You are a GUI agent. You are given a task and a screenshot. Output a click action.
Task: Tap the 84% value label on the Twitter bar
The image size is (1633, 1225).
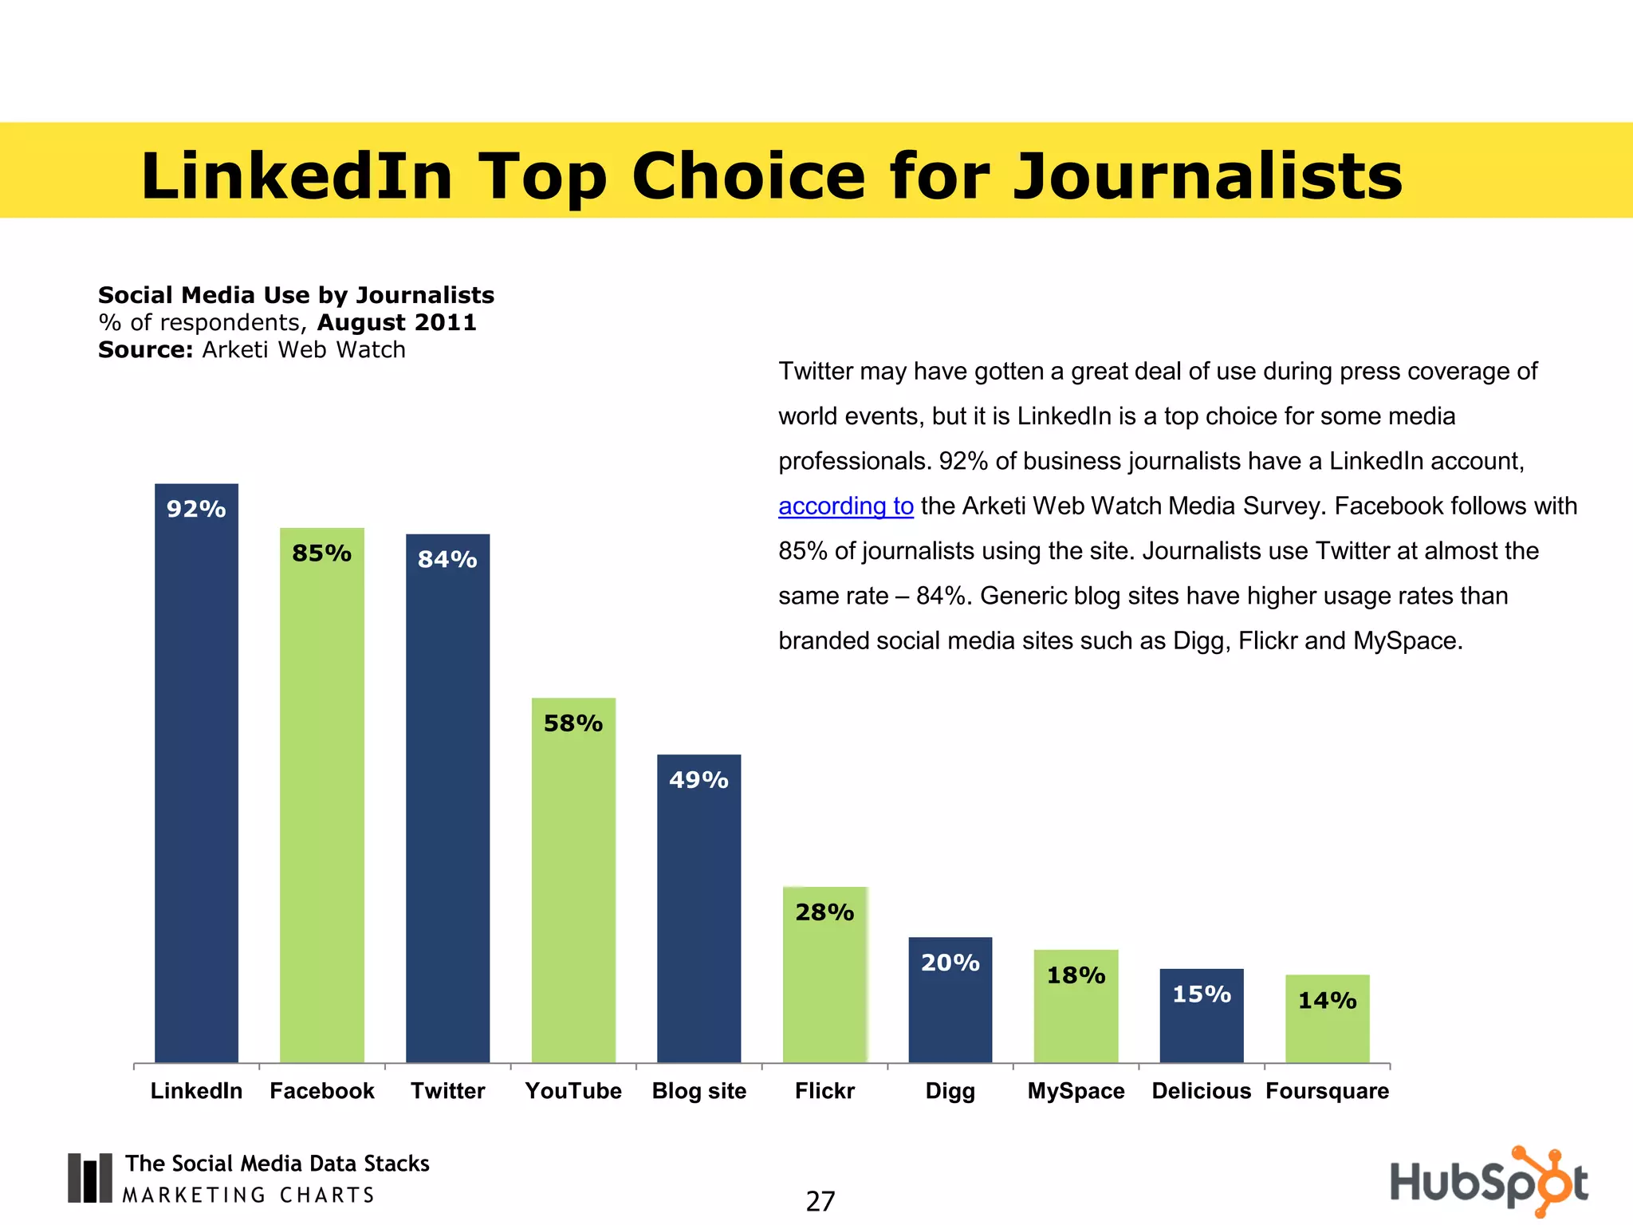tap(447, 560)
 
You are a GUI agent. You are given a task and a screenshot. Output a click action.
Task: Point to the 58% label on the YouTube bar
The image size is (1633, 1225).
tap(573, 723)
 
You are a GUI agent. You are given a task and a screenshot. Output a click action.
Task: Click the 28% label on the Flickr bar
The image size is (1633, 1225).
tap(824, 912)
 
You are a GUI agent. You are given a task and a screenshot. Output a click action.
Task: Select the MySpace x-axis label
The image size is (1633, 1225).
tap(1076, 1091)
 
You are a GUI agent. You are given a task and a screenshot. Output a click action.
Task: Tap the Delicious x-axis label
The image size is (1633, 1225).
tap(1201, 1091)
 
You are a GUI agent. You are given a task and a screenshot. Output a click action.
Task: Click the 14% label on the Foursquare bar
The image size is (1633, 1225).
tap(1327, 1000)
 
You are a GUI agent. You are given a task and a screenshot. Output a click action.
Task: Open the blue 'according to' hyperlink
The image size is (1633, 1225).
tap(845, 506)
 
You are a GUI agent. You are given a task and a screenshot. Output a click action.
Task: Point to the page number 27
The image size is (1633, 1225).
tap(820, 1201)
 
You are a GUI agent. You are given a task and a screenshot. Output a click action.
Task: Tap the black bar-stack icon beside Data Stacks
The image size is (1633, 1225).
tap(89, 1178)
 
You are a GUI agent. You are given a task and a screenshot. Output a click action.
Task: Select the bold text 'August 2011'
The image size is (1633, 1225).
tap(396, 323)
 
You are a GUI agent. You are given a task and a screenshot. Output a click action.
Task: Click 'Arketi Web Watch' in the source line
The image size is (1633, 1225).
tap(303, 350)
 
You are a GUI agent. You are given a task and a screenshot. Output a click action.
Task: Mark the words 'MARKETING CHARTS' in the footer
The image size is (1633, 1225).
tap(248, 1195)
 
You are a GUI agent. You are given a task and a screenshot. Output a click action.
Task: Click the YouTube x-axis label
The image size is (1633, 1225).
tap(573, 1091)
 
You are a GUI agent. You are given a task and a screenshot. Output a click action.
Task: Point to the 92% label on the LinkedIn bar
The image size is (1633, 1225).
tap(196, 509)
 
